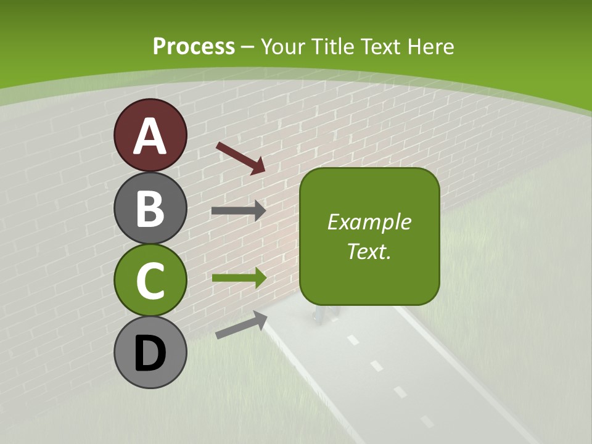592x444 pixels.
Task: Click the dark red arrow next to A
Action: tap(240, 158)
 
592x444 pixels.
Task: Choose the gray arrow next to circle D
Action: tap(241, 324)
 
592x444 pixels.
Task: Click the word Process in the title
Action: tap(194, 46)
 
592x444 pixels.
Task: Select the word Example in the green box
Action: tap(369, 222)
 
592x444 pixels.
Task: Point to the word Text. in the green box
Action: tap(369, 251)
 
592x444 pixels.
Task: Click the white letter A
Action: tap(150, 136)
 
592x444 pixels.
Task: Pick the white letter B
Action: tap(150, 208)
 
